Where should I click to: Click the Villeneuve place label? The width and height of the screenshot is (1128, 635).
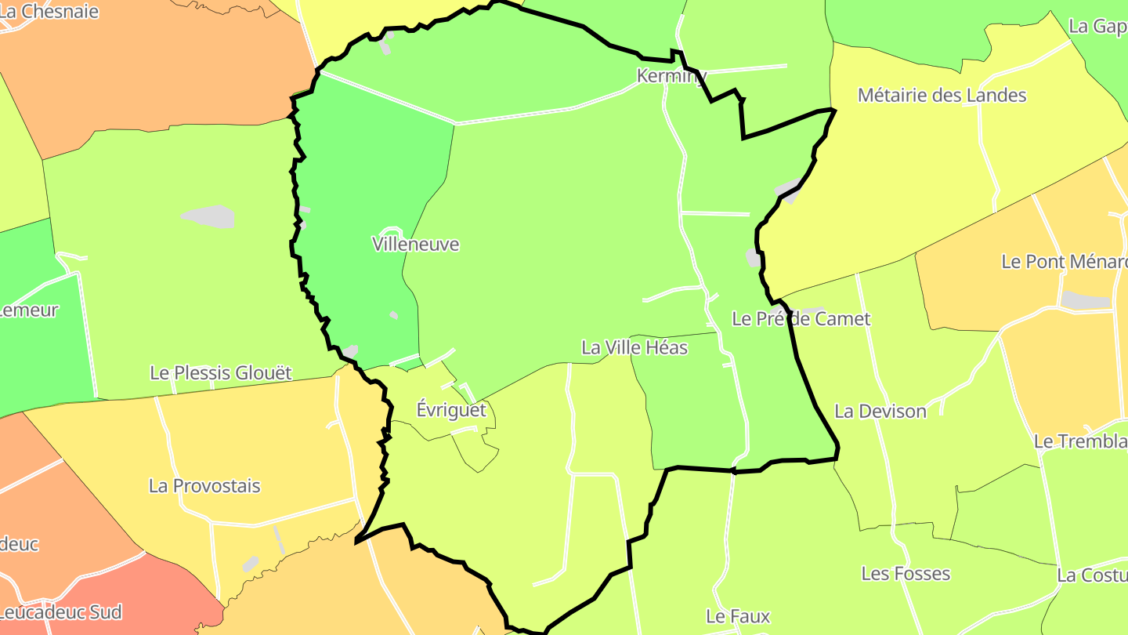[x=416, y=245]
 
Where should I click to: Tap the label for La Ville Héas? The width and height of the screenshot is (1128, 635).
[x=634, y=347]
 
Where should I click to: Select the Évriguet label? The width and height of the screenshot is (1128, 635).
[x=451, y=410]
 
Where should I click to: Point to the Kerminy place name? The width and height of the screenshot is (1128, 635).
[x=671, y=76]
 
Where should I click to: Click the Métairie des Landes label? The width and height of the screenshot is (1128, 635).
[x=942, y=96]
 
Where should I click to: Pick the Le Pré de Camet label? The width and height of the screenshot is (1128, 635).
[x=801, y=319]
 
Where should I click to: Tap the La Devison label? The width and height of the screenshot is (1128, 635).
[x=880, y=412]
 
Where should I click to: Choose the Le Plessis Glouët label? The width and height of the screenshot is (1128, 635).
[x=221, y=373]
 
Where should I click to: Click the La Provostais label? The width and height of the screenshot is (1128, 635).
[x=204, y=486]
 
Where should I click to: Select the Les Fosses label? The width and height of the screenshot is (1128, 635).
[x=906, y=574]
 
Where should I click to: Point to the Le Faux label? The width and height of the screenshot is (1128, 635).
[x=738, y=616]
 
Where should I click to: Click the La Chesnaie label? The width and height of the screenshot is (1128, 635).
[x=49, y=12]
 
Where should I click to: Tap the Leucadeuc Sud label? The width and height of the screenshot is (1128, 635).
[x=61, y=611]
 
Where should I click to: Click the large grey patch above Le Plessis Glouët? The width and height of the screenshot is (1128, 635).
[x=208, y=216]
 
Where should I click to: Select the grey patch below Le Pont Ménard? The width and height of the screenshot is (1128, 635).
[x=1086, y=299]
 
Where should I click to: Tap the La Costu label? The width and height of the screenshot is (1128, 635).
[x=1092, y=575]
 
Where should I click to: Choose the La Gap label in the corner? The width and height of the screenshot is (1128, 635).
[x=1097, y=27]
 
